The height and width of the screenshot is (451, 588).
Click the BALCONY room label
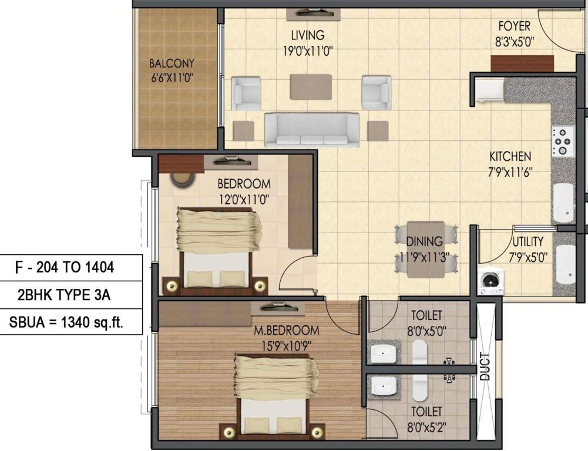point(172,63)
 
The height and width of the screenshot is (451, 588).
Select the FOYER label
point(514,26)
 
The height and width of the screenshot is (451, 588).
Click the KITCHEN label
point(510,156)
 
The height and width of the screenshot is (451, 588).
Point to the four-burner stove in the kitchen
point(562,141)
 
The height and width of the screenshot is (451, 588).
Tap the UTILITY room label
point(527,241)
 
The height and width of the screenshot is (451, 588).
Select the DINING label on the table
point(424,241)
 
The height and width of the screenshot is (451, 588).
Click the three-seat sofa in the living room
point(312,130)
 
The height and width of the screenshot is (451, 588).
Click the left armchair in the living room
point(247,93)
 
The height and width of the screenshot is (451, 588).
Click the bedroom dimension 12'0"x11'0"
point(243,199)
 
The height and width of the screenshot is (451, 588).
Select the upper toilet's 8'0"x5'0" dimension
point(426,331)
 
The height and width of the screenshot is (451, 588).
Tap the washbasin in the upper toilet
point(385,353)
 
